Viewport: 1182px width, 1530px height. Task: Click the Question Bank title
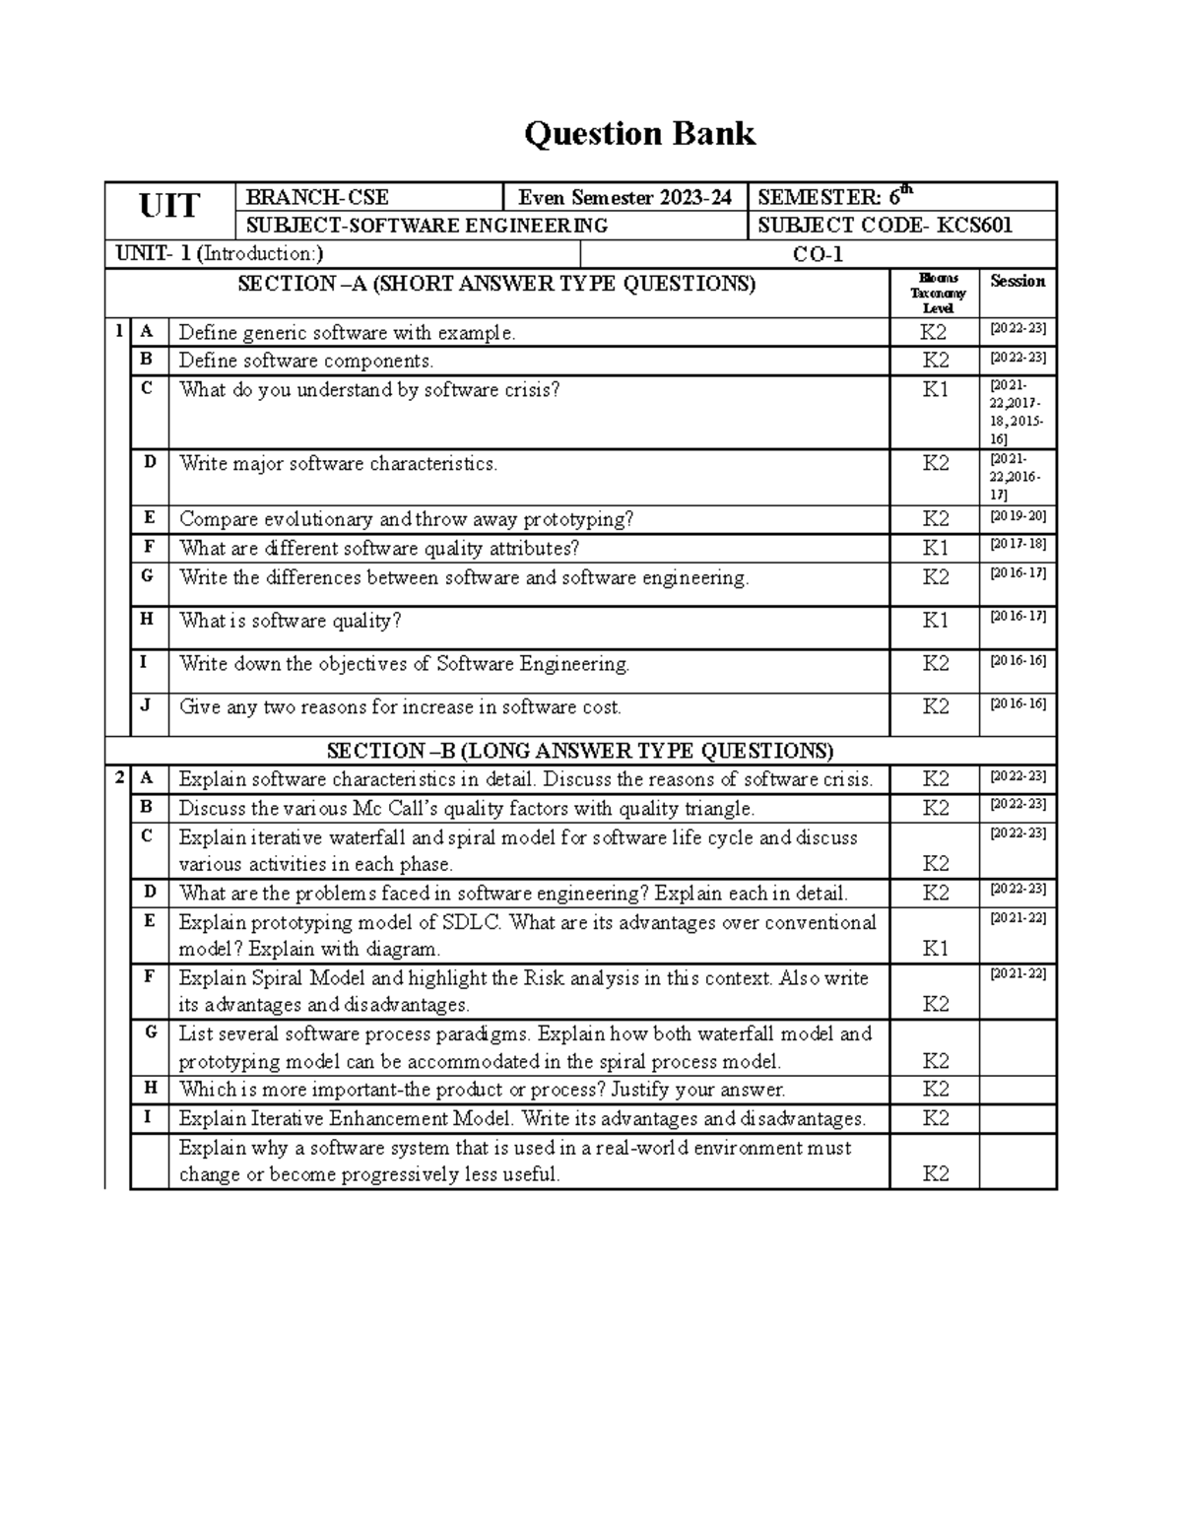click(639, 133)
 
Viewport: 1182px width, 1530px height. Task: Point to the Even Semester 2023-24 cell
click(624, 197)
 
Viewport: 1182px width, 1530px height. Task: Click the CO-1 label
click(818, 254)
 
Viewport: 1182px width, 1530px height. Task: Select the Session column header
click(1018, 282)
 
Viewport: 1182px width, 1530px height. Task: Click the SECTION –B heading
click(579, 751)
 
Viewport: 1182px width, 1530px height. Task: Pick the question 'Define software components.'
click(305, 361)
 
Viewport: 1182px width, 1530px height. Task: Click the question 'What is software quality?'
click(290, 621)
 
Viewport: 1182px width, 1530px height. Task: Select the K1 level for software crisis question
click(935, 390)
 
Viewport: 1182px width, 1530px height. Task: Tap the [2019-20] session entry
click(1018, 516)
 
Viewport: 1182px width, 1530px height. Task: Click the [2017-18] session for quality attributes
click(1018, 544)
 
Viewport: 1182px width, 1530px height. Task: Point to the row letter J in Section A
click(148, 704)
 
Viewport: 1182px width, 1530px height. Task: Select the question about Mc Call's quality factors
click(466, 809)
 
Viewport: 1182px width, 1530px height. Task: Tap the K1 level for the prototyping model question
click(935, 949)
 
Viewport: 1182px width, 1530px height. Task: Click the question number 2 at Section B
click(118, 778)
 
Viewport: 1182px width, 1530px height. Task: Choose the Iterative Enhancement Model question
click(521, 1119)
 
